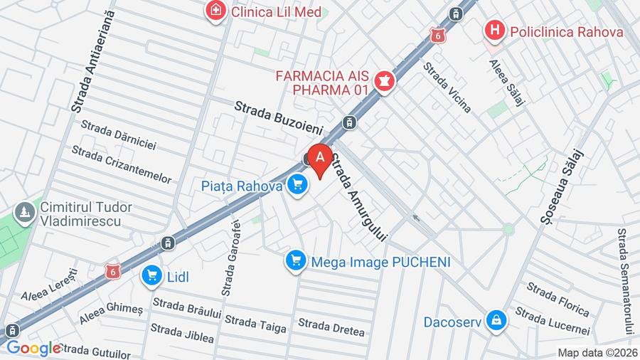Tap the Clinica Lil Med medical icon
(213, 11)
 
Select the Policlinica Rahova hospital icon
(495, 31)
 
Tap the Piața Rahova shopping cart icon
(297, 186)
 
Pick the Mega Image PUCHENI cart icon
(295, 261)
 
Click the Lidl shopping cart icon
(151, 276)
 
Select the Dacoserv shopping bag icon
(496, 321)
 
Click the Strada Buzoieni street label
(279, 118)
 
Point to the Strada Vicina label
(447, 87)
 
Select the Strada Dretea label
(331, 327)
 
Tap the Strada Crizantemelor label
(122, 164)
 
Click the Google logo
(33, 348)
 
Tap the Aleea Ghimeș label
(110, 314)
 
